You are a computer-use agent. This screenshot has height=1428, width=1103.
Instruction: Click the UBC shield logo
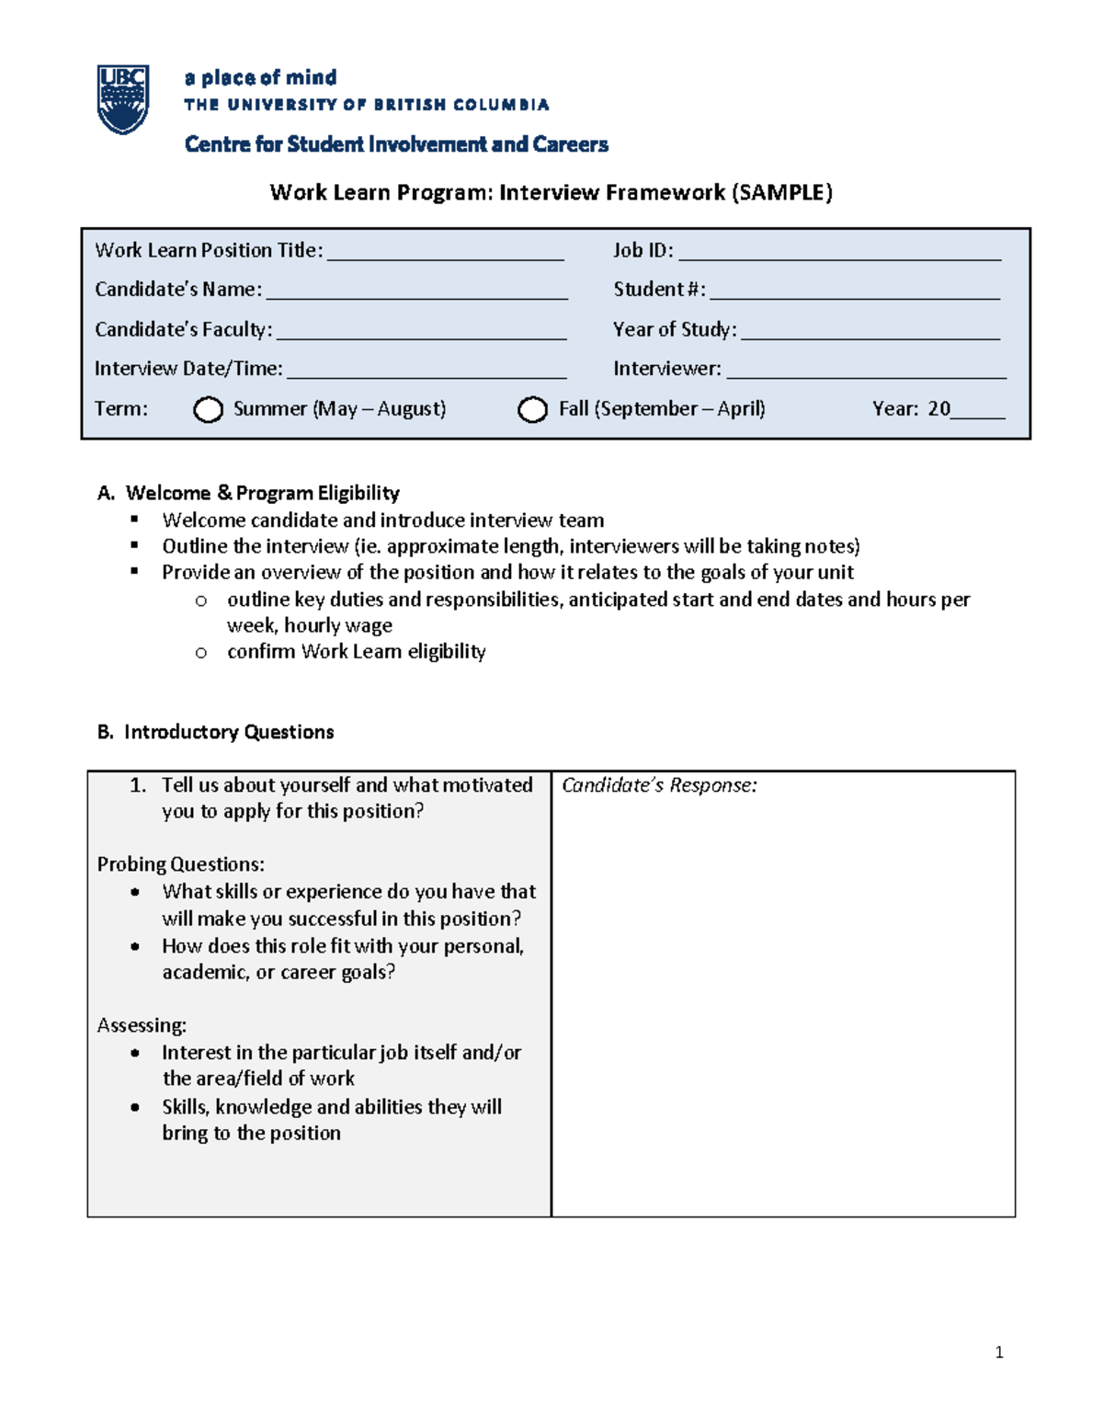[122, 99]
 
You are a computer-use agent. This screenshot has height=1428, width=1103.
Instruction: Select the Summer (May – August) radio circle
[208, 410]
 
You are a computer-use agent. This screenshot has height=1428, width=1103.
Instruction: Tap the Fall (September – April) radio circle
[532, 410]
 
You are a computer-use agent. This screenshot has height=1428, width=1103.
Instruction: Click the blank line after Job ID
[838, 255]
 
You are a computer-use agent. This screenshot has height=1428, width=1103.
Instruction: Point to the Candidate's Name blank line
[416, 293]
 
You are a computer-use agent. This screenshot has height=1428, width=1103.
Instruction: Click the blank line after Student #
[854, 293]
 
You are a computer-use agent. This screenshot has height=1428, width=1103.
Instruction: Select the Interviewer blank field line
[866, 372]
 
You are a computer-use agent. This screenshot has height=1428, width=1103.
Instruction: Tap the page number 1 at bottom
[998, 1352]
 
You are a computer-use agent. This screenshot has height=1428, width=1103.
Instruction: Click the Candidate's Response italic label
[659, 785]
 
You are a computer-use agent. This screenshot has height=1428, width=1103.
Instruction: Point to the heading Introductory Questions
[228, 732]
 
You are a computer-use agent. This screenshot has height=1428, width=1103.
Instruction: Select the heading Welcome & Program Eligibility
[262, 493]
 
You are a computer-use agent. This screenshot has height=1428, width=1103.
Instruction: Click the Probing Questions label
[180, 864]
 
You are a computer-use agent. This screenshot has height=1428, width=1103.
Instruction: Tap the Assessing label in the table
[142, 1025]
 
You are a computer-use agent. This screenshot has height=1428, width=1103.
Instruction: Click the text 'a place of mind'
[260, 77]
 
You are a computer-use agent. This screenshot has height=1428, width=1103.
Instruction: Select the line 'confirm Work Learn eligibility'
[356, 652]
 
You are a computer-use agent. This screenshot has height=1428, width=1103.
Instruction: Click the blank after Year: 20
[978, 413]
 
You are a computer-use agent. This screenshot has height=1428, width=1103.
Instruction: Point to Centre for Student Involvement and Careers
[396, 144]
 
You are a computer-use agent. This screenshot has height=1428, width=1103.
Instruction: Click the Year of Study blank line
[870, 334]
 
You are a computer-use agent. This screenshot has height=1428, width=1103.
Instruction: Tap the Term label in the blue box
[120, 409]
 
